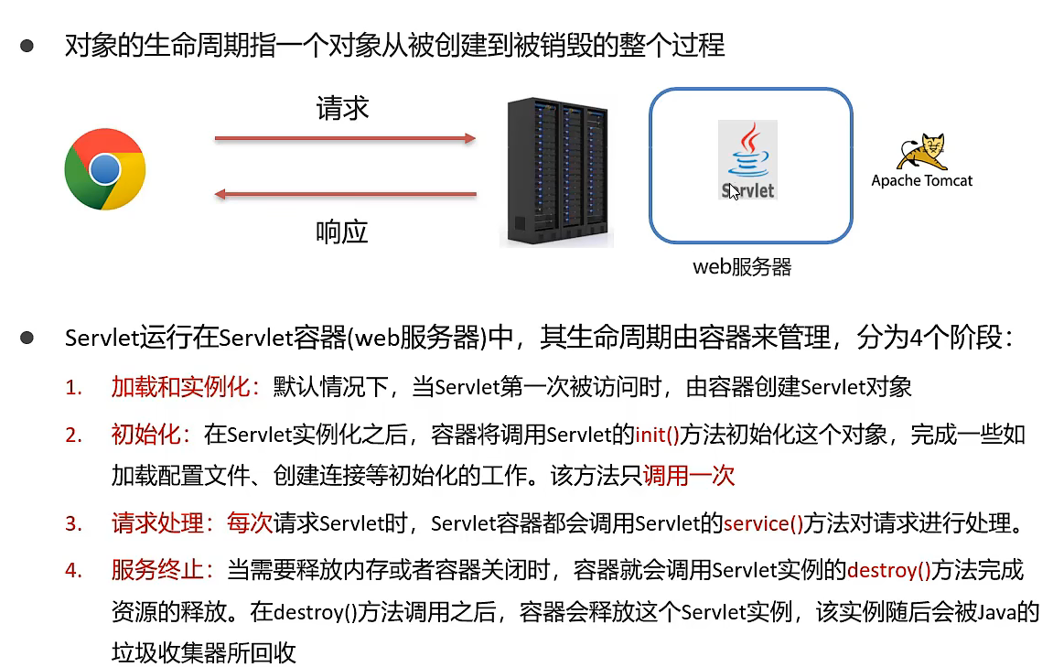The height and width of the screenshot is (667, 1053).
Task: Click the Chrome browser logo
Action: click(x=104, y=169)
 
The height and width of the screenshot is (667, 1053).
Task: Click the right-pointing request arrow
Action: click(x=345, y=139)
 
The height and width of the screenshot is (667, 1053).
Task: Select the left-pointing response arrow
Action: click(x=345, y=194)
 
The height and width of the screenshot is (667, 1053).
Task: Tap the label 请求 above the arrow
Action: click(x=342, y=109)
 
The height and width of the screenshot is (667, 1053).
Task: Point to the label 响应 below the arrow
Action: click(x=342, y=232)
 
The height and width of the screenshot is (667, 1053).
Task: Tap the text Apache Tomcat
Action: click(x=921, y=180)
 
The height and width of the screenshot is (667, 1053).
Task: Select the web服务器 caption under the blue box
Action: click(x=742, y=267)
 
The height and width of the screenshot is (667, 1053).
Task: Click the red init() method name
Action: click(x=657, y=434)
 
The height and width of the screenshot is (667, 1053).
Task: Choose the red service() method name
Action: click(x=763, y=524)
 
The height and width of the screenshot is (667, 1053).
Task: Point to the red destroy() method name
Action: click(x=888, y=570)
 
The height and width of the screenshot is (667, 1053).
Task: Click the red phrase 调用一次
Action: click(x=689, y=476)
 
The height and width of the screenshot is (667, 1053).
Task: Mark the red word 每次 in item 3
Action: click(x=250, y=524)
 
